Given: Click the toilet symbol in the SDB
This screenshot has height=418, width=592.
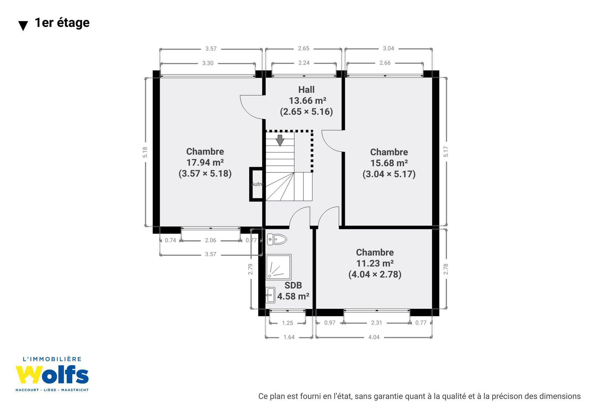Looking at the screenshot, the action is tap(277, 239).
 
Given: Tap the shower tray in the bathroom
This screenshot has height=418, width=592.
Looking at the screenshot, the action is tap(278, 267).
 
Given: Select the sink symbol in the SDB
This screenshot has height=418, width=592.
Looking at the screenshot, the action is tap(270, 295).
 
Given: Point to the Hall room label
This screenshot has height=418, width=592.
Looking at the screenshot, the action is tap(306, 90).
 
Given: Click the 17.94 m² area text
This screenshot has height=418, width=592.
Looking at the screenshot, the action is tap(205, 162).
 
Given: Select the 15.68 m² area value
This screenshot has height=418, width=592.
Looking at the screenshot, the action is tap(389, 163).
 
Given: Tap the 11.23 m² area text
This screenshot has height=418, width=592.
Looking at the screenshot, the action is tap(375, 263).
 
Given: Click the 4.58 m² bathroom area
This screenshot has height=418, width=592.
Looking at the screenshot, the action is tap(293, 296).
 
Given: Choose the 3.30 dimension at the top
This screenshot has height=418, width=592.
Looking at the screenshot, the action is tap(208, 63).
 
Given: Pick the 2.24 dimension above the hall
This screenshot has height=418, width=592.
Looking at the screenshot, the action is tap(304, 63).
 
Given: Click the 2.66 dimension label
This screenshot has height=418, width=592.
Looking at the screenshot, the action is tap(385, 63).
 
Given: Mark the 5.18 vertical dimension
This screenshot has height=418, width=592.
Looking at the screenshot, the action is tap(145, 152).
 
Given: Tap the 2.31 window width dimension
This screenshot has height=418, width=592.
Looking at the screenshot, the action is tap(376, 323).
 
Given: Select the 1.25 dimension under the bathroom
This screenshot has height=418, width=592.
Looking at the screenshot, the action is tap(287, 323).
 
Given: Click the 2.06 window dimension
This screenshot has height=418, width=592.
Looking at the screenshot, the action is tap(210, 240).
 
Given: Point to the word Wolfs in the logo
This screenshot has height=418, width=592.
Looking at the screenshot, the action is tap(52, 374).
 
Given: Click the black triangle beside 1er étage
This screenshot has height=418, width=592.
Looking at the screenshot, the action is tap(23, 26).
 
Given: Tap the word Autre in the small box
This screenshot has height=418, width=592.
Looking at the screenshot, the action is tap(257, 184).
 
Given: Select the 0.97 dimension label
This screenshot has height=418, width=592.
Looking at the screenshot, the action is tap(330, 323).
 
